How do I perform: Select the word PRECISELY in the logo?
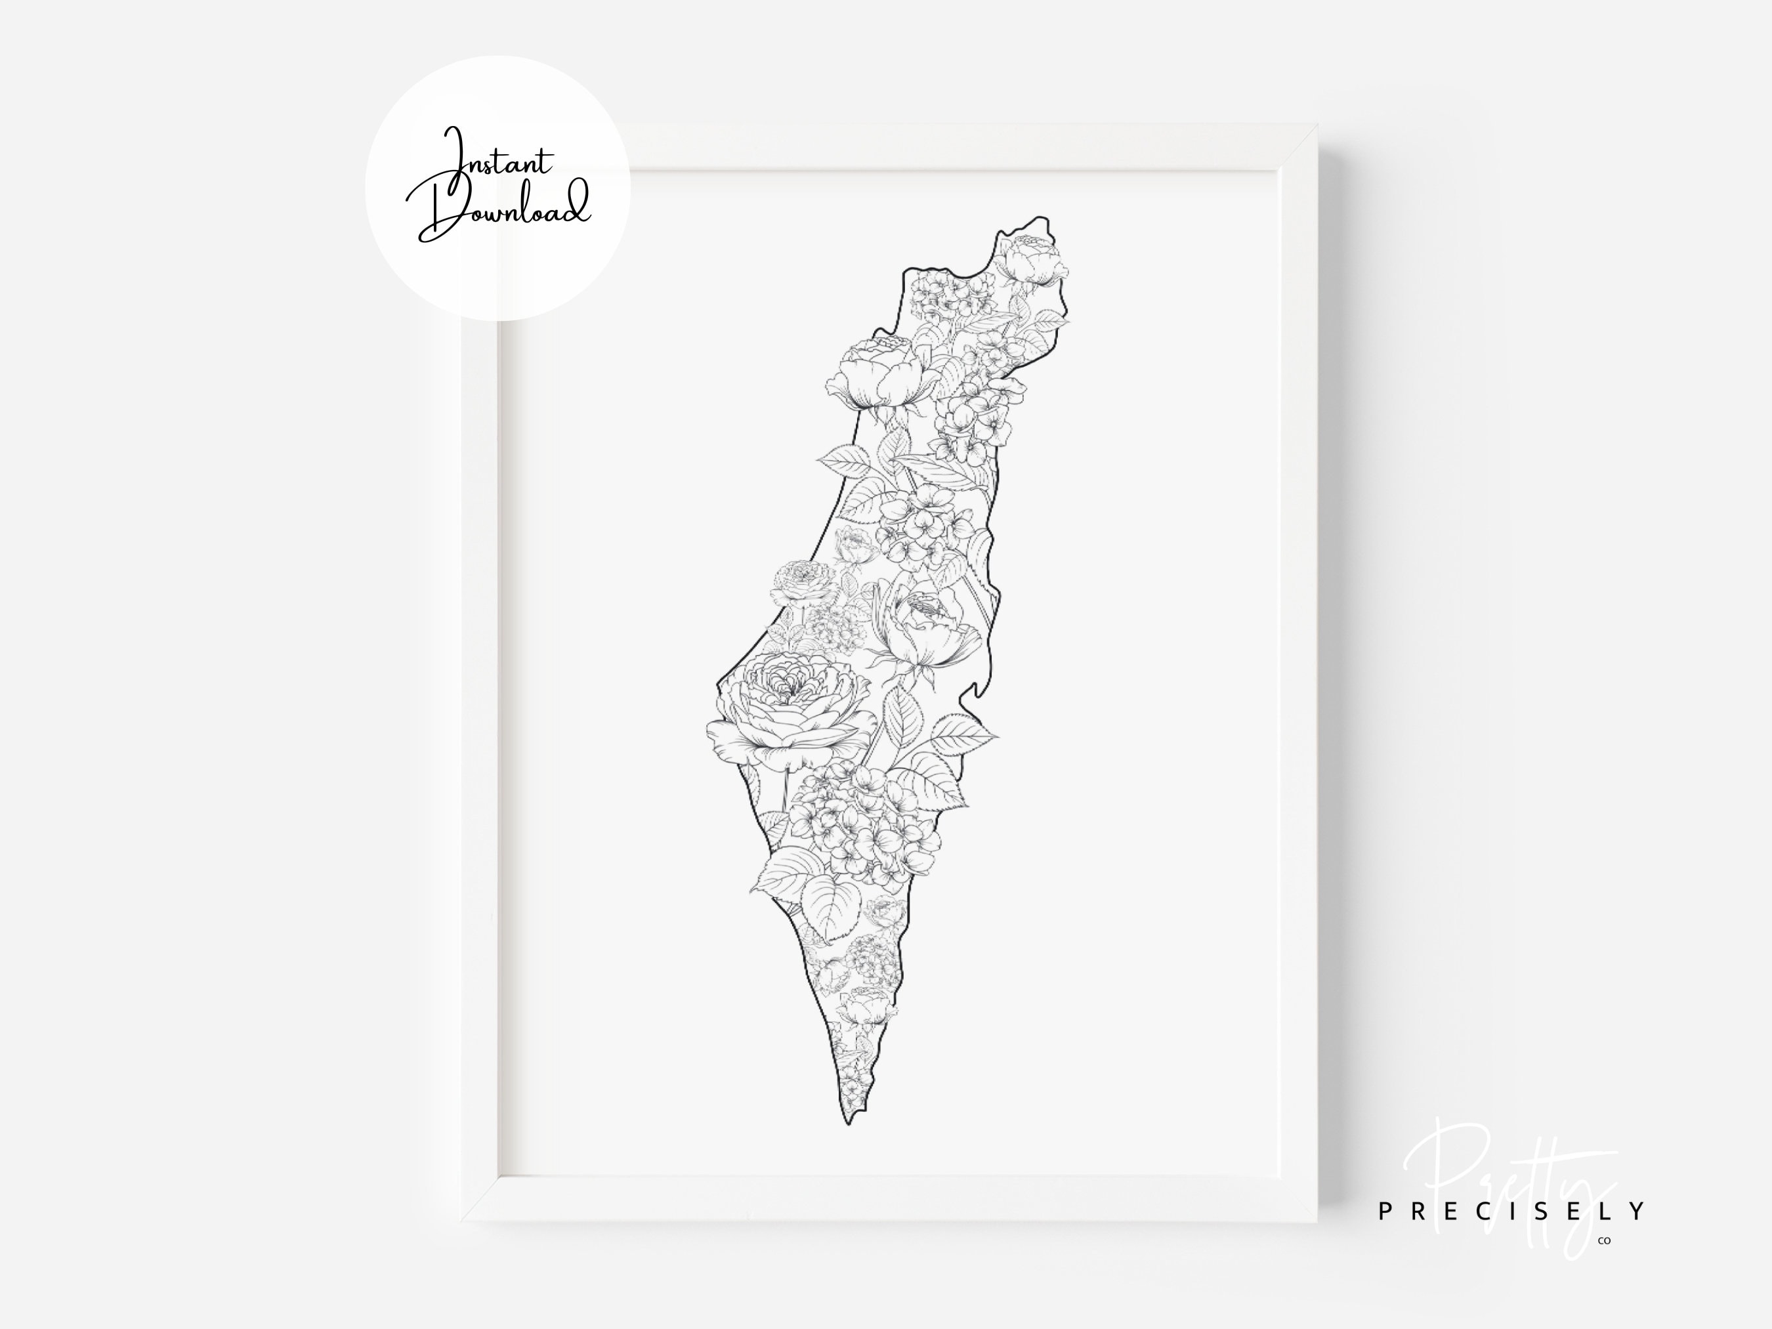coord(1511,1212)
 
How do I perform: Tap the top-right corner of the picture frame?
coord(1315,127)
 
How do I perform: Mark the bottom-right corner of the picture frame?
coord(1315,1221)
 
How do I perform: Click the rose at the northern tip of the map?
coord(1031,258)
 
